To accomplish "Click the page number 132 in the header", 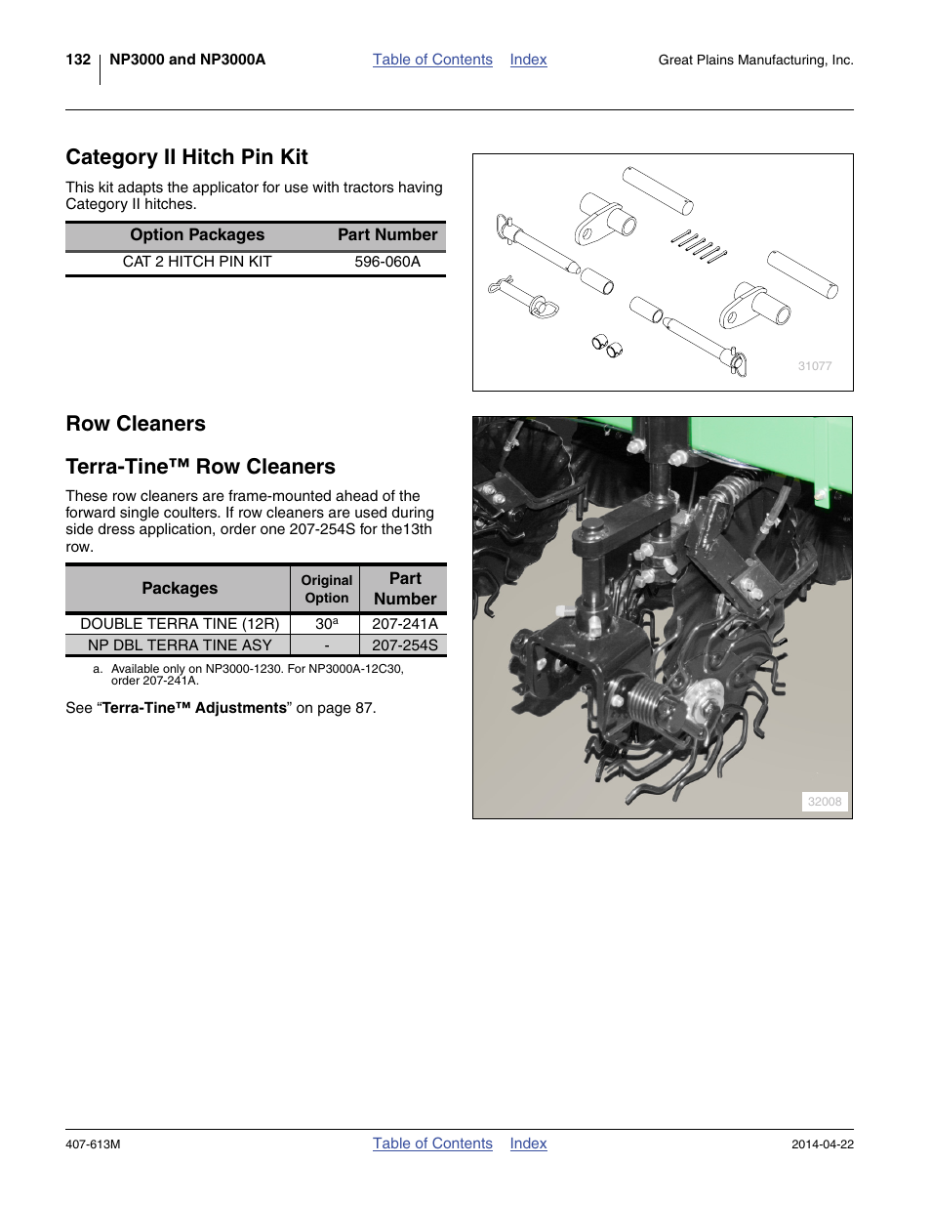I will point(78,60).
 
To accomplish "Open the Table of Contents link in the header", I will point(432,60).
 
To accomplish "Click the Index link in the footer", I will point(528,1144).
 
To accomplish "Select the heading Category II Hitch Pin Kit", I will point(186,157).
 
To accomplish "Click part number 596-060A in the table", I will point(387,262).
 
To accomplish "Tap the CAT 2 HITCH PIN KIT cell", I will point(197,262).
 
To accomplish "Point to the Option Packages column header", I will point(197,235).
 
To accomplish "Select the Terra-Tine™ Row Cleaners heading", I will point(200,467).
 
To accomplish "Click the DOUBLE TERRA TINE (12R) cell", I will point(180,624).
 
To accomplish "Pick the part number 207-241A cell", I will point(404,624).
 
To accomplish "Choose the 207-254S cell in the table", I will point(404,645).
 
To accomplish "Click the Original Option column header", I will point(326,589).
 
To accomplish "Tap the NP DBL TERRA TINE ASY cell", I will point(180,645).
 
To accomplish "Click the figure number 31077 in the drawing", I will point(815,366).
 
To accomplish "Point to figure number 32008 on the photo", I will point(824,802).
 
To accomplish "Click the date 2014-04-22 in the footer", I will point(822,1144).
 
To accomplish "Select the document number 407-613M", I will point(93,1144).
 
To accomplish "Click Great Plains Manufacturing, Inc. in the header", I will point(755,61).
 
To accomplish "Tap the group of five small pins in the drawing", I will point(699,245).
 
